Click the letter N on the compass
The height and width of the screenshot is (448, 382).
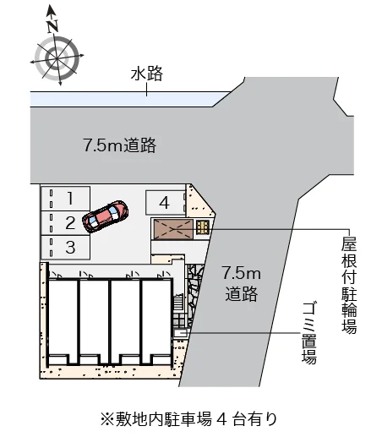pyautogui.click(x=52, y=26)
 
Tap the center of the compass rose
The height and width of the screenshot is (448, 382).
pyautogui.click(x=57, y=58)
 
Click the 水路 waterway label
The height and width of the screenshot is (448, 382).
pyautogui.click(x=147, y=74)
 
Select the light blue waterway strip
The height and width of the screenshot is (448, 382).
pyautogui.click(x=126, y=99)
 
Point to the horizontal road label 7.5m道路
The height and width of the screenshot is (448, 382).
pyautogui.click(x=120, y=145)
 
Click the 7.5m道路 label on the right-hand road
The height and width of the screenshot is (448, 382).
pyautogui.click(x=242, y=283)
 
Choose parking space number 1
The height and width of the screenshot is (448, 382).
pyautogui.click(x=65, y=199)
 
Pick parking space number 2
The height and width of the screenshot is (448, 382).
pyautogui.click(x=65, y=223)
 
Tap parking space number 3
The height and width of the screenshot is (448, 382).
pyautogui.click(x=65, y=248)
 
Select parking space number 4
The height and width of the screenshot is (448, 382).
pyautogui.click(x=166, y=203)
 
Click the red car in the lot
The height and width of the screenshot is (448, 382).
pyautogui.click(x=105, y=216)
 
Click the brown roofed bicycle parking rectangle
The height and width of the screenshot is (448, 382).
pyautogui.click(x=173, y=229)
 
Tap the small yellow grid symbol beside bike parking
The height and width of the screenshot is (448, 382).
pyautogui.click(x=203, y=227)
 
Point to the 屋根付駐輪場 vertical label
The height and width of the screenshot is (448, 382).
pyautogui.click(x=349, y=285)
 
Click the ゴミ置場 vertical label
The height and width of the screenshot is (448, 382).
pyautogui.click(x=309, y=334)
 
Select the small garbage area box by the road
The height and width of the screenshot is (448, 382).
pyautogui.click(x=180, y=332)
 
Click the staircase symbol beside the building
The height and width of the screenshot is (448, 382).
pyautogui.click(x=178, y=303)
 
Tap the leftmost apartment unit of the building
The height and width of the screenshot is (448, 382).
pyautogui.click(x=63, y=321)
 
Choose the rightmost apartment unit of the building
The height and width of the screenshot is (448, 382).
pyautogui.click(x=157, y=321)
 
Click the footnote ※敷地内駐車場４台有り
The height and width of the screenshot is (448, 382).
pyautogui.click(x=188, y=419)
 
